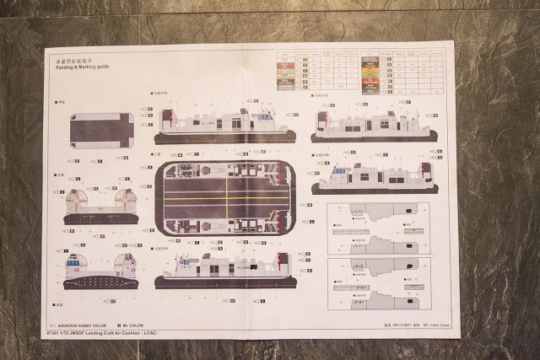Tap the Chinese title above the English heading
[x=73, y=61]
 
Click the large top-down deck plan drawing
[x=224, y=199]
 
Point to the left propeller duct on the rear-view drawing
[x=78, y=203]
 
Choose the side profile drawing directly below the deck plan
[x=224, y=271]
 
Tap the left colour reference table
[x=307, y=71]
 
